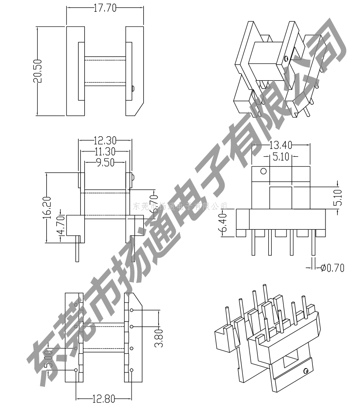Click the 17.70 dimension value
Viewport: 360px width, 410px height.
point(105,8)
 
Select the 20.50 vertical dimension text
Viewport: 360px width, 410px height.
point(37,71)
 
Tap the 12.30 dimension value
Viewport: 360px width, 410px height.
point(105,141)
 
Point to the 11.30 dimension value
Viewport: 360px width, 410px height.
point(105,152)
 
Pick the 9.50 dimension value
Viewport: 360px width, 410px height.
point(105,162)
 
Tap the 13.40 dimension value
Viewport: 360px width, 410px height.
point(280,145)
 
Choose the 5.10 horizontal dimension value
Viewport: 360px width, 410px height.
point(280,156)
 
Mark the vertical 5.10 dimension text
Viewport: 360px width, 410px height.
point(337,197)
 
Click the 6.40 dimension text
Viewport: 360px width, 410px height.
point(223,223)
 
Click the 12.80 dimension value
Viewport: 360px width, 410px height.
point(104,398)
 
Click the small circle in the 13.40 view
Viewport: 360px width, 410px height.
point(263,171)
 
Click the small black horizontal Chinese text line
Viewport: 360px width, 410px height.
point(180,205)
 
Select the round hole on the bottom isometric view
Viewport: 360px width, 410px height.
point(306,371)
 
